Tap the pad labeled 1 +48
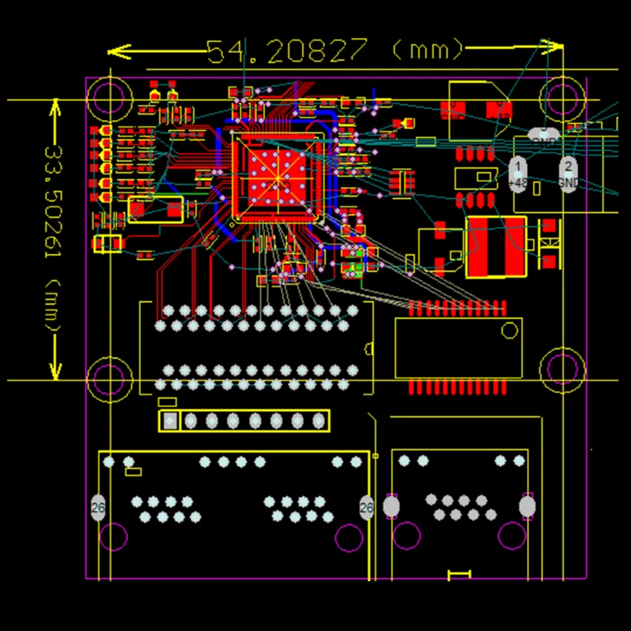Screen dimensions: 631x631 tap(518, 172)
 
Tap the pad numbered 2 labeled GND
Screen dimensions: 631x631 tap(567, 172)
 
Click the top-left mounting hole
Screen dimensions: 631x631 tap(110, 98)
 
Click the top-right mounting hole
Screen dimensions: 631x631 tap(562, 98)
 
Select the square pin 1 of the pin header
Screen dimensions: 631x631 tap(170, 421)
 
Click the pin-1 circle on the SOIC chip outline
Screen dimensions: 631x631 tap(510, 332)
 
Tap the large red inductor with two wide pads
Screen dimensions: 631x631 tap(496, 247)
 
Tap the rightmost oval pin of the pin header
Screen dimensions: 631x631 tap(319, 421)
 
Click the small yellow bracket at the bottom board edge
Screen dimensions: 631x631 tap(459, 574)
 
